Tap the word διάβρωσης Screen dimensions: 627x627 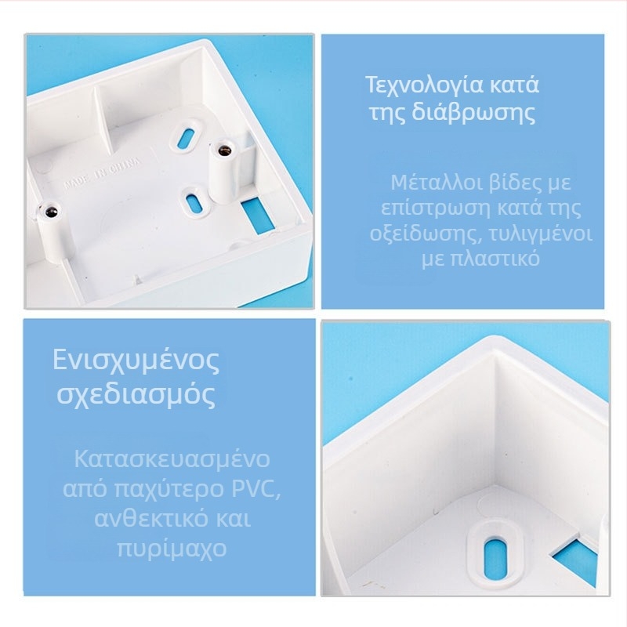(x=474, y=113)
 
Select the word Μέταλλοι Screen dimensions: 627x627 (x=437, y=183)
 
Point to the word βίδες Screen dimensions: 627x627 (x=516, y=183)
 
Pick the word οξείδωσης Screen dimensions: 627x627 (x=423, y=234)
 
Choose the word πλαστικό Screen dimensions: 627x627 (x=495, y=259)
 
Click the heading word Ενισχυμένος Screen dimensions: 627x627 (x=136, y=361)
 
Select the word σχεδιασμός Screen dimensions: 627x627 (x=136, y=395)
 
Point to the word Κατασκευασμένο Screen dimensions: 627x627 (x=172, y=459)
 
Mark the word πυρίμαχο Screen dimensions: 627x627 (x=172, y=549)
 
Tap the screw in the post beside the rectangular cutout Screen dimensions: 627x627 (x=224, y=150)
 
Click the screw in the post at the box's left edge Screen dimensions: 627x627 (x=51, y=211)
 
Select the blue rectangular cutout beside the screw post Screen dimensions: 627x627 (x=258, y=216)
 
